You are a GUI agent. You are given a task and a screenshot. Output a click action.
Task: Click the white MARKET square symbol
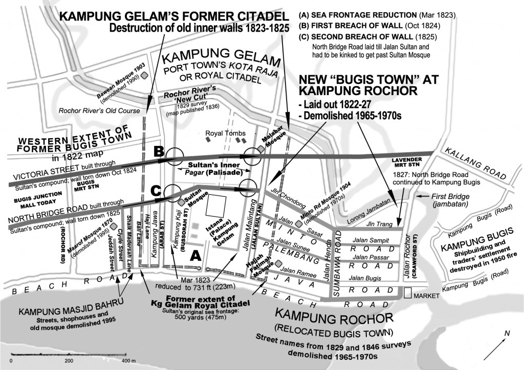pyautogui.click(x=407, y=294)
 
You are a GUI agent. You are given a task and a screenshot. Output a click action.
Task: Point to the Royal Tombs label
pyautogui.click(x=222, y=134)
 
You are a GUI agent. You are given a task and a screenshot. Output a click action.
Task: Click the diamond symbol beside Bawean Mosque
pyautogui.click(x=145, y=75)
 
